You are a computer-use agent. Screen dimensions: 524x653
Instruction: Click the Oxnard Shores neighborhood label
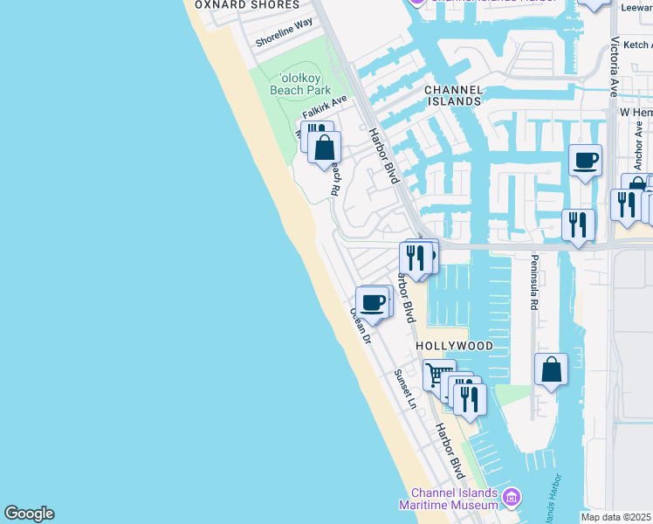tap(247, 5)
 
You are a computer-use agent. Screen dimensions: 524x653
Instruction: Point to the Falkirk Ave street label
tap(325, 107)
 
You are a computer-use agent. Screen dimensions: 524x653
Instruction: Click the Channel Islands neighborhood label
tap(453, 95)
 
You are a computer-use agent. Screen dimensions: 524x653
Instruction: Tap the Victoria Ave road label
tap(615, 66)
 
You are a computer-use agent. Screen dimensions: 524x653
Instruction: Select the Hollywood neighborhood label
tap(454, 346)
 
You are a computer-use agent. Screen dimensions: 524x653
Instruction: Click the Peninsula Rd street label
tap(533, 284)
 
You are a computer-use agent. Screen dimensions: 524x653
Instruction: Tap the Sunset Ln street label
tap(404, 390)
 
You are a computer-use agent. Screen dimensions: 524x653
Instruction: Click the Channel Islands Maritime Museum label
tap(448, 499)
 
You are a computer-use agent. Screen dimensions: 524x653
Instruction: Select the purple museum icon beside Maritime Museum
tap(512, 499)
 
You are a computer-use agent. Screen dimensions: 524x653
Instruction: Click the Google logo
tap(29, 514)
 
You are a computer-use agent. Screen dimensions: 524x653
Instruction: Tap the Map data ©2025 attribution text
tap(616, 517)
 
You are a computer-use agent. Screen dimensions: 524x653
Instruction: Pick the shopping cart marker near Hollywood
tap(438, 376)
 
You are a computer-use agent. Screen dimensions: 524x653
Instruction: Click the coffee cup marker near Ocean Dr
tap(373, 302)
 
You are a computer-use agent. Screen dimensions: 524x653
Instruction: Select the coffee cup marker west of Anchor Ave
tap(585, 160)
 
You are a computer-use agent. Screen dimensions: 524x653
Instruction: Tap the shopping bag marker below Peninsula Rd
tap(552, 369)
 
